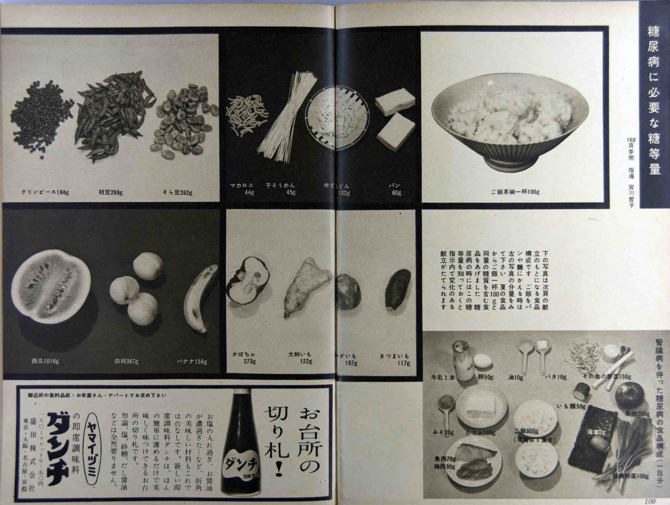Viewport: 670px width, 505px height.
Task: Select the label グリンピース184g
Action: point(45,192)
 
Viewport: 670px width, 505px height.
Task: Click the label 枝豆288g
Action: point(111,192)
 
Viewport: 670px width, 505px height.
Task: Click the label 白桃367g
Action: point(126,361)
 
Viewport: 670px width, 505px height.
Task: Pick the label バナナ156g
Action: point(192,361)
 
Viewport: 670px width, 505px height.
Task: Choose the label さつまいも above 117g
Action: point(394,356)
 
